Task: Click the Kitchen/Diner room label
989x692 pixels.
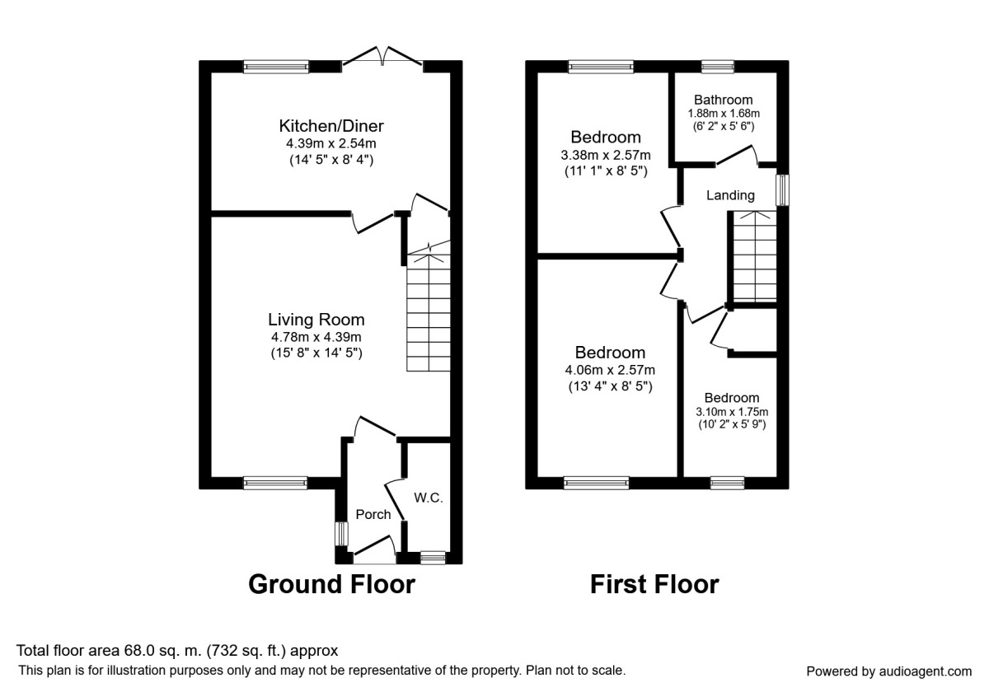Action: pos(331,126)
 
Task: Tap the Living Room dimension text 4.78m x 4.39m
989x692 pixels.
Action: pos(316,337)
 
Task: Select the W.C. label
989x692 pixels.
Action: pos(428,498)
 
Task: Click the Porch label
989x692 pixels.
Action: pos(373,514)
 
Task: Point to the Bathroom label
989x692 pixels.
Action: pos(723,100)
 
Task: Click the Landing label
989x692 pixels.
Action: pos(730,195)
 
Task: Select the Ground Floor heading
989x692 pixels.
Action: pos(331,584)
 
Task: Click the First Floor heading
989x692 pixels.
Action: pos(654,584)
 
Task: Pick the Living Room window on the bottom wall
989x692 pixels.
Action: pos(275,483)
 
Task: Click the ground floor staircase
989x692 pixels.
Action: pos(428,313)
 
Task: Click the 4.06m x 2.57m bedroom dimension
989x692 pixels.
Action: pos(610,370)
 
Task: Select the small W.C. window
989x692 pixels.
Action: pos(432,559)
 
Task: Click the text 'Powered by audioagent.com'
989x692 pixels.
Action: pos(888,671)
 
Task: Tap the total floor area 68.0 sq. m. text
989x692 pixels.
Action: pos(177,651)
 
